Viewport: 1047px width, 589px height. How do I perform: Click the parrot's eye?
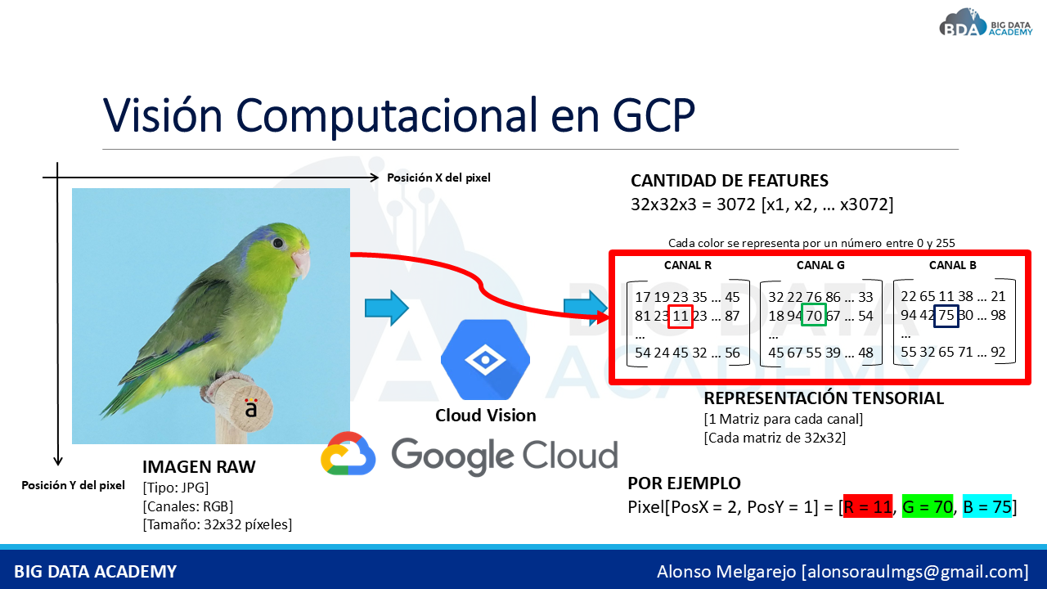click(x=279, y=243)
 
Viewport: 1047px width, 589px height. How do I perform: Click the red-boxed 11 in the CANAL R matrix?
click(x=680, y=316)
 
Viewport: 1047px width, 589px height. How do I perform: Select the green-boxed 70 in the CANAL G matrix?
click(x=814, y=315)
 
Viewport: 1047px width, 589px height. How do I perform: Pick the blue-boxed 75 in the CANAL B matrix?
click(x=946, y=316)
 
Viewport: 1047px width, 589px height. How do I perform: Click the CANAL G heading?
click(x=820, y=265)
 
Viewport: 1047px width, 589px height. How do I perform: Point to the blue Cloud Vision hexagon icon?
click(x=485, y=359)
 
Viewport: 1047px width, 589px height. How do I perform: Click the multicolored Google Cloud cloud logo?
click(x=348, y=453)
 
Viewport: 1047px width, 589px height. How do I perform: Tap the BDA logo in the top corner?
click(x=986, y=24)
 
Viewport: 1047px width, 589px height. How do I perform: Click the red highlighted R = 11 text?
click(x=868, y=506)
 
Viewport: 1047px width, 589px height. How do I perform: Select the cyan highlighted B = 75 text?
click(x=987, y=506)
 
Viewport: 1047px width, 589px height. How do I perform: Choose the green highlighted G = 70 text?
click(x=928, y=506)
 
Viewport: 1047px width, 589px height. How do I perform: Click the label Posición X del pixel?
click(x=438, y=178)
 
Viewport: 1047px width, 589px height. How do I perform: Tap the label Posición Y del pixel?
click(x=73, y=485)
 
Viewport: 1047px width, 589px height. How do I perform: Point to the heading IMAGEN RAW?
click(x=199, y=466)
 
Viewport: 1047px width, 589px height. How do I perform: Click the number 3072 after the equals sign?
click(x=735, y=205)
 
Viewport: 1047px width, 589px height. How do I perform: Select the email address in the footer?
click(x=914, y=571)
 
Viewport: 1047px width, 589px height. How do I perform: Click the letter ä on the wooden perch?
click(x=251, y=408)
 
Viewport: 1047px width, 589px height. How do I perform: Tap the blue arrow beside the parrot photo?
click(x=387, y=308)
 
